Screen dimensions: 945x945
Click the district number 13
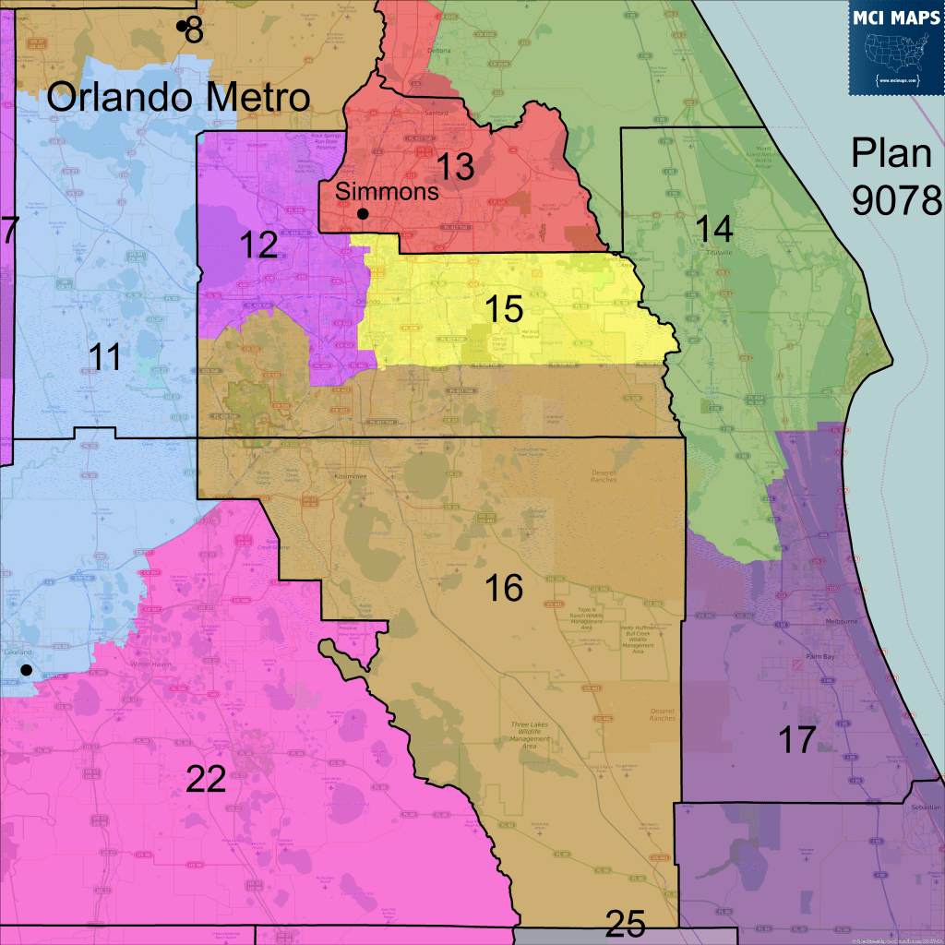[x=455, y=167]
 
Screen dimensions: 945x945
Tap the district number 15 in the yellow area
[x=504, y=309]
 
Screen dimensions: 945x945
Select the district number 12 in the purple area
[x=258, y=245]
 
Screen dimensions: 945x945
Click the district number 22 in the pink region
[x=206, y=780]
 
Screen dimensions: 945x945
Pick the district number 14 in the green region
[x=713, y=228]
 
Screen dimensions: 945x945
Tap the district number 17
[x=796, y=740]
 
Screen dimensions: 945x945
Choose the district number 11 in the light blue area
[x=106, y=356]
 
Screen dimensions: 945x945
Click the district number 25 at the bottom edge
[x=625, y=924]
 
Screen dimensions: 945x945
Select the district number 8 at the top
[x=194, y=30]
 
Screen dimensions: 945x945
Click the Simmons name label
[x=387, y=192]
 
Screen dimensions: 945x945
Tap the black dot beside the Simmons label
[x=364, y=214]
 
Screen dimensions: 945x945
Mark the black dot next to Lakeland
[x=27, y=669]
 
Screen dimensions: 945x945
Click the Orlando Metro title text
[x=178, y=97]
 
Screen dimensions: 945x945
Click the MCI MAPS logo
[x=896, y=47]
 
